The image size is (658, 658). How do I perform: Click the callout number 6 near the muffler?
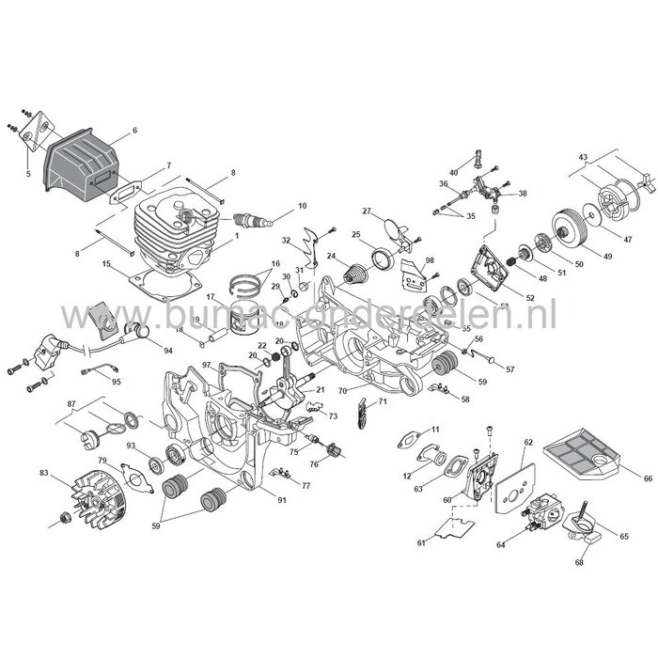134,130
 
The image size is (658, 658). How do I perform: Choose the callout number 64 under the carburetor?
526,543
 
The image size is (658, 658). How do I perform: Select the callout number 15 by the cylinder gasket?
109,266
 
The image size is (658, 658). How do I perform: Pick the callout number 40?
454,172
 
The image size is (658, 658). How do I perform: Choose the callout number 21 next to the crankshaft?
321,389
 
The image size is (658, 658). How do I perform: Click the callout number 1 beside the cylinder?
237,236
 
